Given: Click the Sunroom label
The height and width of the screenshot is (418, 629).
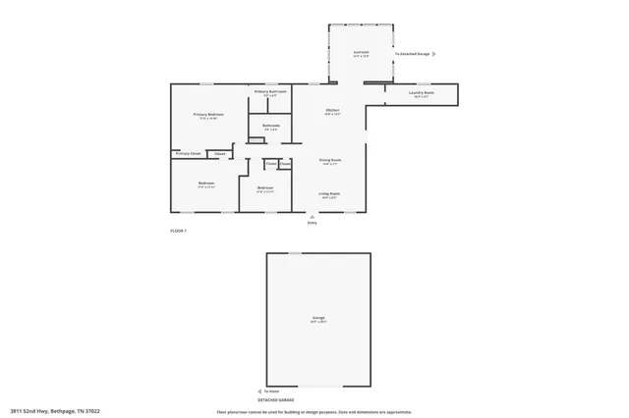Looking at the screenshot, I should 362,52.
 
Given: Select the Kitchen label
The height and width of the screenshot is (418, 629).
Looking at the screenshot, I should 333,110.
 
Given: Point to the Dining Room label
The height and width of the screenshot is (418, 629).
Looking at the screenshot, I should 330,159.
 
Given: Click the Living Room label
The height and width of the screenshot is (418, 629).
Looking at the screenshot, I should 329,193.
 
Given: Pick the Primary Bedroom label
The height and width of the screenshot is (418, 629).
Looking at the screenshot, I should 208,115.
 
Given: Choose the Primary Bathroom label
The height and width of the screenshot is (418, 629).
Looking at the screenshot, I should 270,91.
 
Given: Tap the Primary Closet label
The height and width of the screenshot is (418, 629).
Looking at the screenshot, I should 188,153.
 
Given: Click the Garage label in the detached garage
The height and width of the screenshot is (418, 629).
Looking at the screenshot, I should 318,318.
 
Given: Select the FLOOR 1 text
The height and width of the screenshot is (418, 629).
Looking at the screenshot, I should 178,230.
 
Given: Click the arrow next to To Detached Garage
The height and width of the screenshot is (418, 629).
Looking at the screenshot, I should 435,54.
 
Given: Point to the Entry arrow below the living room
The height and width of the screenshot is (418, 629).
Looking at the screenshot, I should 312,216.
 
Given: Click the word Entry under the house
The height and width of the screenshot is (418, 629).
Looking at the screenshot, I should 313,224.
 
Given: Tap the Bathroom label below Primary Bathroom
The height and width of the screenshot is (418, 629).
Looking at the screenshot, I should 271,125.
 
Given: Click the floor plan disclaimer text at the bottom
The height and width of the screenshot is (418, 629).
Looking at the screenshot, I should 314,412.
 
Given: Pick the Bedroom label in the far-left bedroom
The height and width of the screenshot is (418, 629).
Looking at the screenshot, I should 206,183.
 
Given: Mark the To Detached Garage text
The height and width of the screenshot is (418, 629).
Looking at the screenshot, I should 413,54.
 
